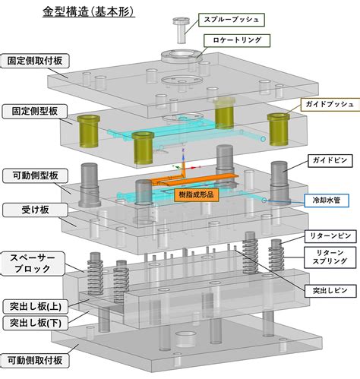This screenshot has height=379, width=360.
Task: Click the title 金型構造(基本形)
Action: (x=89, y=11)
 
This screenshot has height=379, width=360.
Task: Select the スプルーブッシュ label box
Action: (x=232, y=20)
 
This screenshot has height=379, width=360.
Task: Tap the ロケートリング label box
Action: (x=237, y=40)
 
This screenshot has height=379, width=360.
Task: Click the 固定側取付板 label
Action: (x=35, y=61)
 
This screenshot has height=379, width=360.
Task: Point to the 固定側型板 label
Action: (x=35, y=112)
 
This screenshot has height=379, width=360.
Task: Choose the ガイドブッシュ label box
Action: (x=330, y=104)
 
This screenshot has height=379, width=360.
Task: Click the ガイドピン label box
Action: (x=330, y=160)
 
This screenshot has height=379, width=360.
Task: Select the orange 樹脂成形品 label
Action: (x=196, y=194)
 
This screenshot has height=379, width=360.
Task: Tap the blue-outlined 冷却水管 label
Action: (x=327, y=201)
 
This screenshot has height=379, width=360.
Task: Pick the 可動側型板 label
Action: (x=35, y=175)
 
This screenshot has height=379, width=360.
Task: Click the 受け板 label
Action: (x=35, y=210)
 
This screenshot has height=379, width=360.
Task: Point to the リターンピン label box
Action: (x=330, y=236)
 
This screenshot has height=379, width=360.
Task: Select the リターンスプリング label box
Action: (x=330, y=257)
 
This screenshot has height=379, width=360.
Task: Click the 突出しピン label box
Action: (x=330, y=290)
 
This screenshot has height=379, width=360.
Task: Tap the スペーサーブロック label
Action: (x=33, y=264)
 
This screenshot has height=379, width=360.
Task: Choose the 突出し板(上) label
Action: (x=36, y=307)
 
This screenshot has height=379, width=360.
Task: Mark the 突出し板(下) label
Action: (x=36, y=323)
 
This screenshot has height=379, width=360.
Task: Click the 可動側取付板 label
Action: (x=35, y=361)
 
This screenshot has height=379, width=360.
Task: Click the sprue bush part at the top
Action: (x=181, y=30)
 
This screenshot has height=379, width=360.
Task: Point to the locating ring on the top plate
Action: (x=182, y=56)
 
